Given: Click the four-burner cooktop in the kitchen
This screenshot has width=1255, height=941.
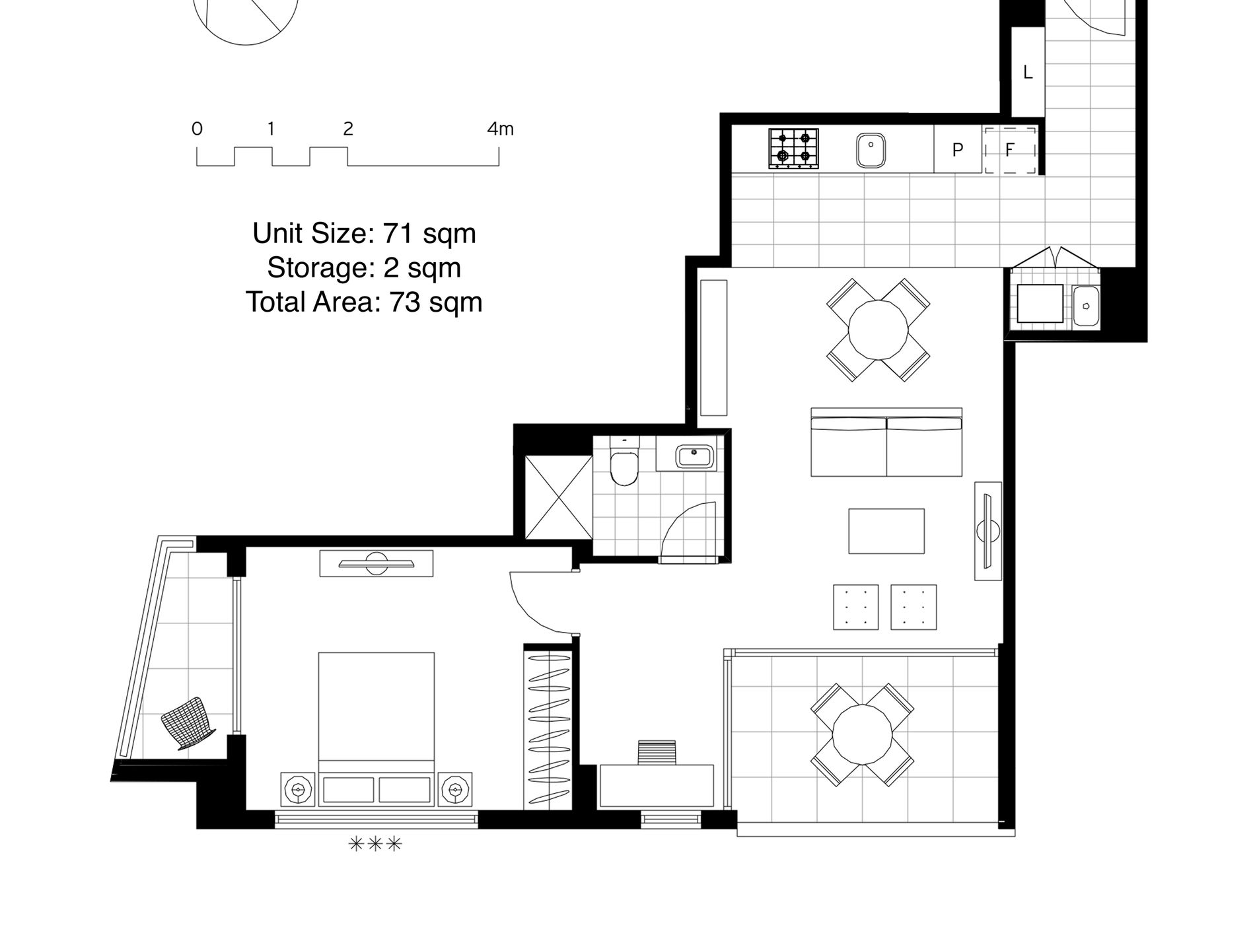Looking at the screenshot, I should (x=793, y=148).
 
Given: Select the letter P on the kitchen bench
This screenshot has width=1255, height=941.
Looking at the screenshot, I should (x=957, y=151).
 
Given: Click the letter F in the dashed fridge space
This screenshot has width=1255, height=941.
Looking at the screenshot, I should (x=1009, y=151).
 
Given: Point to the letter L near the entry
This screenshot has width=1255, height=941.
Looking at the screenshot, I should (x=1027, y=73).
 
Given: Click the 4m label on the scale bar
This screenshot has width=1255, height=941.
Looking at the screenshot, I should (x=500, y=129).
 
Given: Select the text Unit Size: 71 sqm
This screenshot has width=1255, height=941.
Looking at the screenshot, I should (x=364, y=234).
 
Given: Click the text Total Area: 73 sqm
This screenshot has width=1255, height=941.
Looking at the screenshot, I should (x=364, y=302).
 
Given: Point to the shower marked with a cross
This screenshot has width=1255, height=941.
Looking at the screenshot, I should (x=559, y=497).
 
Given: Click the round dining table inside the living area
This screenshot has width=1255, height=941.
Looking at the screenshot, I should (x=878, y=330).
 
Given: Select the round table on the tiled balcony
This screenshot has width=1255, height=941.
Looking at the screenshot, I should (x=862, y=734).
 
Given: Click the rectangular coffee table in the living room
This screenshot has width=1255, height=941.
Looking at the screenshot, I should (x=886, y=531).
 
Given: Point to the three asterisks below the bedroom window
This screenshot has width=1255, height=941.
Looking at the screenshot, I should (x=375, y=844).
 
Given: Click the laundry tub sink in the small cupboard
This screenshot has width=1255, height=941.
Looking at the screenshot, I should (x=1085, y=306).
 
